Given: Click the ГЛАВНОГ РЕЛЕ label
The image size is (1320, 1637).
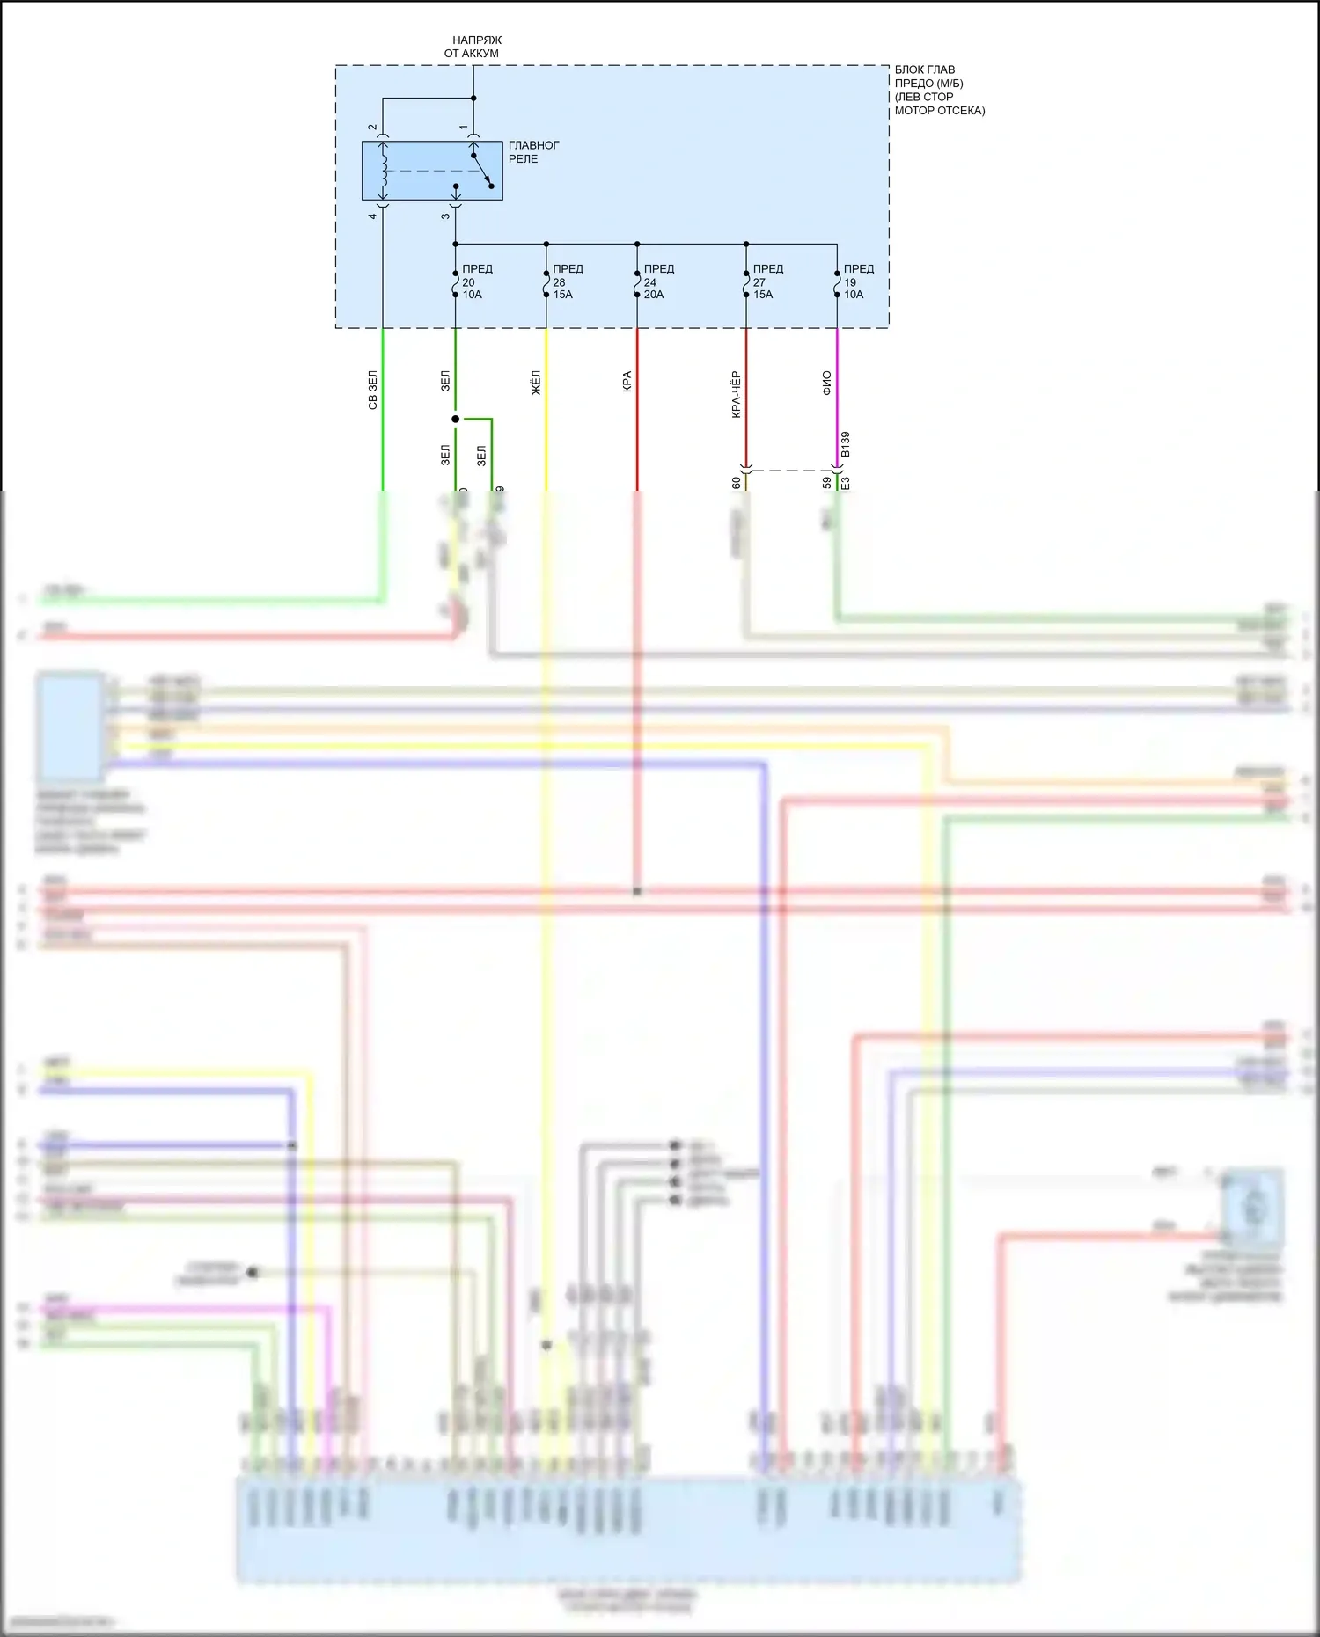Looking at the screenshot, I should (x=533, y=152).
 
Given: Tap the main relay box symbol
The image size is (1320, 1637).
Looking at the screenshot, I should (x=432, y=171).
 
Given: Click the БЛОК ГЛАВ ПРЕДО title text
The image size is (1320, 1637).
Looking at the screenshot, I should (x=939, y=90).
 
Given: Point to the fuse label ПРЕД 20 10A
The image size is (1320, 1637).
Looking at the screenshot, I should (x=476, y=281).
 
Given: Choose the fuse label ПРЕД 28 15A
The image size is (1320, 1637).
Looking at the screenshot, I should (x=567, y=281).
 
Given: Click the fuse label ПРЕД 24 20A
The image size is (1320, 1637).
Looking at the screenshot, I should (x=657, y=281).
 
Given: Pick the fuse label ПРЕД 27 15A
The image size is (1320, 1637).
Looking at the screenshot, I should (x=766, y=281).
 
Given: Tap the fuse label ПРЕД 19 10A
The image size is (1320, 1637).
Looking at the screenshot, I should (x=857, y=281).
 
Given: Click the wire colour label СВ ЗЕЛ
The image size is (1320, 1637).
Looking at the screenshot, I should (x=373, y=390).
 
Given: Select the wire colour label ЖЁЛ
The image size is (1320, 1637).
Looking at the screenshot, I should (x=536, y=383).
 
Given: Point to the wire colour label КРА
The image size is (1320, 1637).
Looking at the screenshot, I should (x=627, y=382).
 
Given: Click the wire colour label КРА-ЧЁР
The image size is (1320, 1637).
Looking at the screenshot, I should (x=736, y=394).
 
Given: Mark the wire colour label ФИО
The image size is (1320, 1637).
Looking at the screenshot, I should (x=826, y=383).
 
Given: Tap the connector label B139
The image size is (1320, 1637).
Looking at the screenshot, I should (x=846, y=444).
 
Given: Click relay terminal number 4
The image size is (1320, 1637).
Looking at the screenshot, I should (x=373, y=216).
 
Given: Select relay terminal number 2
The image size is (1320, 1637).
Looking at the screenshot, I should (x=373, y=128).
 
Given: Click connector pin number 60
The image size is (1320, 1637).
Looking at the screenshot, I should (x=736, y=482).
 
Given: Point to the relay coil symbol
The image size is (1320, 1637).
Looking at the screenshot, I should (x=383, y=171).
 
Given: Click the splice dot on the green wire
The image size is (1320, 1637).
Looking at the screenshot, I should (x=455, y=419).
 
